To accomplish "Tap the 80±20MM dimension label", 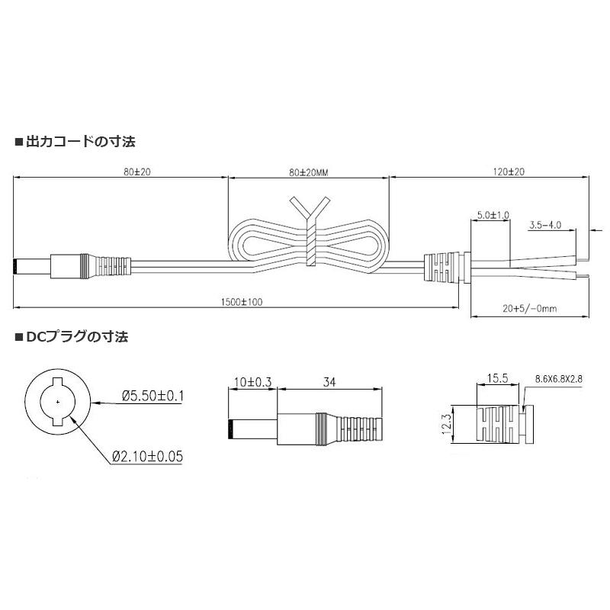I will pos(308,172).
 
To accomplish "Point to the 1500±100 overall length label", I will pos(241,303).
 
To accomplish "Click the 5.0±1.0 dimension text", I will pos(492,216).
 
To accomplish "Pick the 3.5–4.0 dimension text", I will pos(545,225).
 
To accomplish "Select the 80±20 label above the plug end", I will pos(137,172).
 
